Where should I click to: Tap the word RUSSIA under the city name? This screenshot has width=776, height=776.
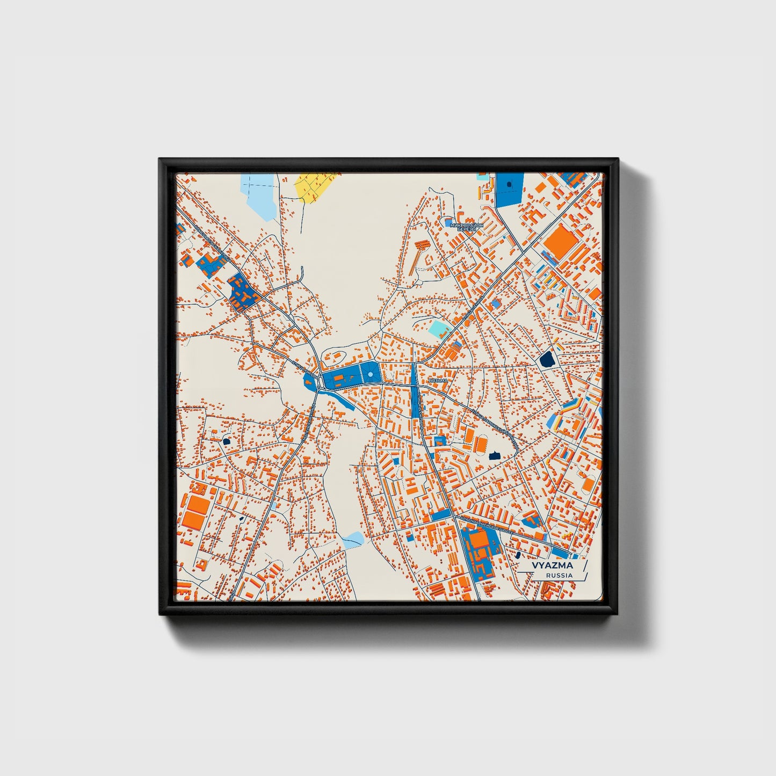click(x=559, y=575)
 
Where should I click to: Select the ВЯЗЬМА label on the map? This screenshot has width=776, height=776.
click(x=439, y=380)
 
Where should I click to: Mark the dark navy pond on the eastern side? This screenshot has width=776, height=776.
click(x=547, y=359)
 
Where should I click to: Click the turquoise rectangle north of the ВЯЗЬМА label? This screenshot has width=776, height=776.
click(x=439, y=329)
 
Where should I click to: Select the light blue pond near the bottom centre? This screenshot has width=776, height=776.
click(x=353, y=539)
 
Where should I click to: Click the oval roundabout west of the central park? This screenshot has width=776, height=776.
click(x=321, y=382)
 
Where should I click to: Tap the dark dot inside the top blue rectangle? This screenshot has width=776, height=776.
click(x=509, y=184)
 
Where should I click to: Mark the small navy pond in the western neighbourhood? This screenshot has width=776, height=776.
click(x=226, y=441)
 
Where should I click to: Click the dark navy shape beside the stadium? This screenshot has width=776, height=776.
click(x=495, y=455)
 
